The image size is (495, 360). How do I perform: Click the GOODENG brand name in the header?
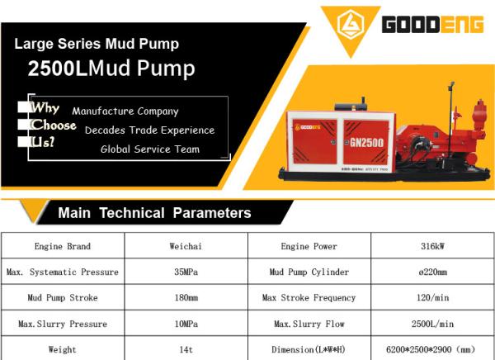coord(431,25)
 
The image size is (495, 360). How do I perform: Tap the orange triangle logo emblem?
coord(350,25)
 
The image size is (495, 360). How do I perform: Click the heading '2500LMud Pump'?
coord(111,69)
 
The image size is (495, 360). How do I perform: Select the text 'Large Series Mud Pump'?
coord(97,43)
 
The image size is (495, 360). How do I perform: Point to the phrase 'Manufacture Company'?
coord(125,111)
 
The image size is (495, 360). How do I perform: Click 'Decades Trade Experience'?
coord(149,130)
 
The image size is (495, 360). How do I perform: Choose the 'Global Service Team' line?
coord(150,149)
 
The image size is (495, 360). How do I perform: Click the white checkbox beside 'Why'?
coord(23,108)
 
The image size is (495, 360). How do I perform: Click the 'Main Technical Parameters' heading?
coord(154,213)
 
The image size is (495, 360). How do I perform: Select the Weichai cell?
coord(186,246)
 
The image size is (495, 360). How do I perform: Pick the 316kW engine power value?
coord(431,246)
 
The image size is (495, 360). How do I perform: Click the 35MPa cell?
coord(186,272)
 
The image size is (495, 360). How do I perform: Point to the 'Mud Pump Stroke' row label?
coord(63,297)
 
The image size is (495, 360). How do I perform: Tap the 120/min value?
coord(431,297)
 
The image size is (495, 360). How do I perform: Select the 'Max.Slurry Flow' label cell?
coord(309,324)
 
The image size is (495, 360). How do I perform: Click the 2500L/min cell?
coord(431,324)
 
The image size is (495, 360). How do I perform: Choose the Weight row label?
coord(63,349)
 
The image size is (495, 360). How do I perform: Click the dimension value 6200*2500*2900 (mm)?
coord(431,349)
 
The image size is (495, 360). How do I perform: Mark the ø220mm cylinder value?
coord(431,272)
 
